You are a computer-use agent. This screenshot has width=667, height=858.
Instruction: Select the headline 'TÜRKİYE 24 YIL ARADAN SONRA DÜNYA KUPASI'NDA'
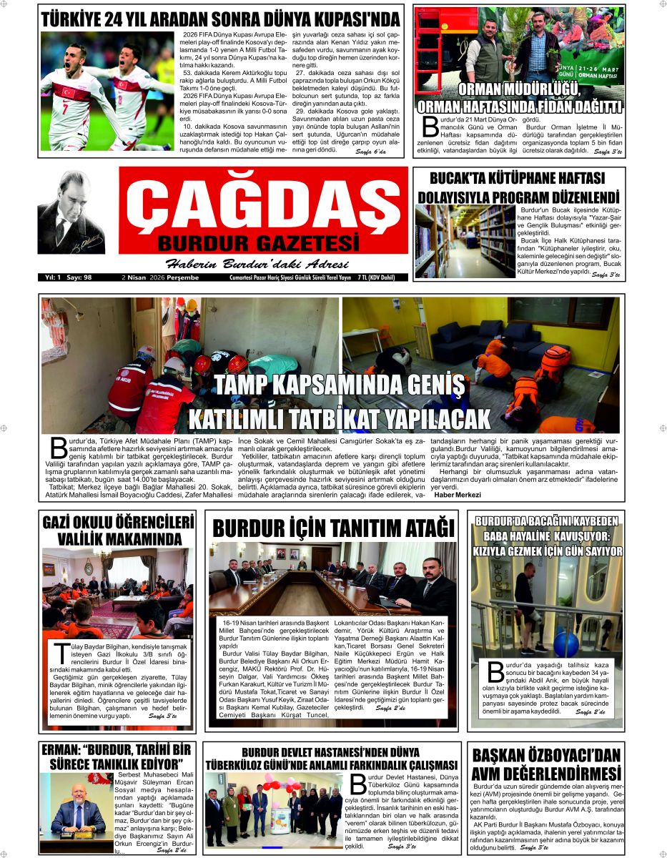(219, 18)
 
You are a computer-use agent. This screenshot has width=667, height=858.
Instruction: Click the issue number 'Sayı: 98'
(89, 277)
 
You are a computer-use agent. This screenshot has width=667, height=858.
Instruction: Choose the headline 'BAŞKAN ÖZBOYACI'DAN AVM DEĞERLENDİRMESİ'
(547, 765)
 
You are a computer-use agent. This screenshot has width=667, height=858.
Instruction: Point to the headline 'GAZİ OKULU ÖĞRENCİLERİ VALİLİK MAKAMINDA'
(119, 530)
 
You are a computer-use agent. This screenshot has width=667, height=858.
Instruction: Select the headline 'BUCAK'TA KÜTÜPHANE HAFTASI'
(518, 178)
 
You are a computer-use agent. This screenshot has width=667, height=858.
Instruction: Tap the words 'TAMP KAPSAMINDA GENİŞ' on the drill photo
(338, 386)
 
